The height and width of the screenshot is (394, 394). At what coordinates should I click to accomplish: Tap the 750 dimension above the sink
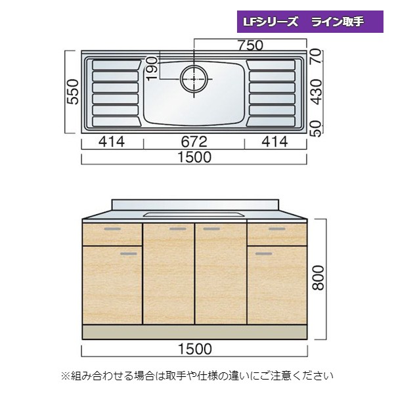click(250, 45)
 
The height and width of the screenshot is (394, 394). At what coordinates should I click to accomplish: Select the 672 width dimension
click(194, 142)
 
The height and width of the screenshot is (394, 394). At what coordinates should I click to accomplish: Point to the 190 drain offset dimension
click(152, 68)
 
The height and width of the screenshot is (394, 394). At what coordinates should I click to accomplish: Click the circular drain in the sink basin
click(194, 77)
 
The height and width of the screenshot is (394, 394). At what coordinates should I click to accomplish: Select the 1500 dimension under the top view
click(194, 158)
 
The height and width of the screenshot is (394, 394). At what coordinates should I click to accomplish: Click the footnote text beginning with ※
click(197, 376)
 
